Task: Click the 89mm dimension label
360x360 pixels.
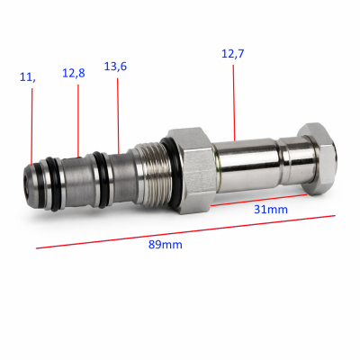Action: coord(166,245)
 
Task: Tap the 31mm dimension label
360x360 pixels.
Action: coord(271,209)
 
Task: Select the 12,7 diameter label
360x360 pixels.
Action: coord(233,54)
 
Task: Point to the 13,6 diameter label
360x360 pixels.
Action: coord(115,67)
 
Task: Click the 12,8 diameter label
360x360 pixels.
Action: coord(74,73)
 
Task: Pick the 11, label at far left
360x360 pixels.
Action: coord(28,77)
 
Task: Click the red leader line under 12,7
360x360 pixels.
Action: coord(234,103)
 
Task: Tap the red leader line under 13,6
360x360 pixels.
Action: coord(118,116)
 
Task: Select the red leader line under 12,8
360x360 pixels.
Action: coord(78,121)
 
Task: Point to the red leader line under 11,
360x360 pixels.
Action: coord(31,126)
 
